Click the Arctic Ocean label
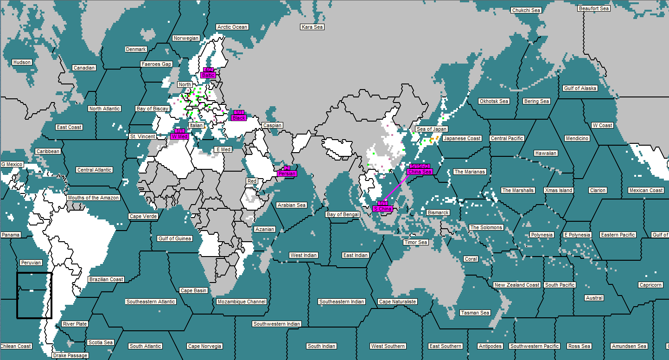pos(233,27)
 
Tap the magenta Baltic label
pos(208,75)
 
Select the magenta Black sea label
pos(239,118)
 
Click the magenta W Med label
pos(179,136)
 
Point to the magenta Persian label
pos(287,174)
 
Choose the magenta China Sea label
pos(420,172)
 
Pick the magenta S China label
pos(382,209)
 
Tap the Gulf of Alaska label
pos(580,88)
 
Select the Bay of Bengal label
pos(343,214)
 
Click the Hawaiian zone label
pos(546,153)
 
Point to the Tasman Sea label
pos(475,313)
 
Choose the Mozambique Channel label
pos(242,302)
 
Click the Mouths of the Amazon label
pos(93,198)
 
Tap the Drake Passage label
pos(70,355)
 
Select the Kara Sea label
pos(312,27)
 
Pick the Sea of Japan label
pos(431,129)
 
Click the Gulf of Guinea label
pos(174,238)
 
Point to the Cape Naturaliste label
pos(398,302)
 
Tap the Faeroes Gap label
pos(157,64)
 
